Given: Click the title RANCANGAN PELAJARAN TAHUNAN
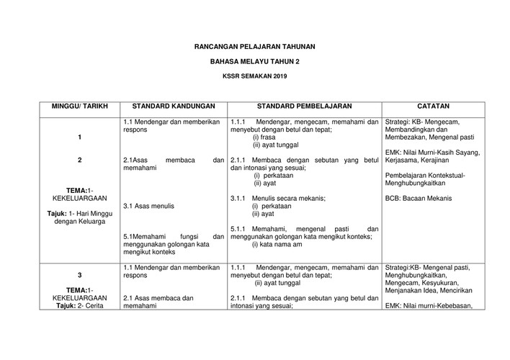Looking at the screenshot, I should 255,47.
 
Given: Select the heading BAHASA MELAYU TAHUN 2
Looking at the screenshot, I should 255,62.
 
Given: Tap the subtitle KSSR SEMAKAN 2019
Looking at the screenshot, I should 255,76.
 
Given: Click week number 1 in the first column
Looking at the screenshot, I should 79,137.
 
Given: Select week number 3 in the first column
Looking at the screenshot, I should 79,276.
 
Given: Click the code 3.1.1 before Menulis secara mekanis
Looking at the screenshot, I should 239,198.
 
